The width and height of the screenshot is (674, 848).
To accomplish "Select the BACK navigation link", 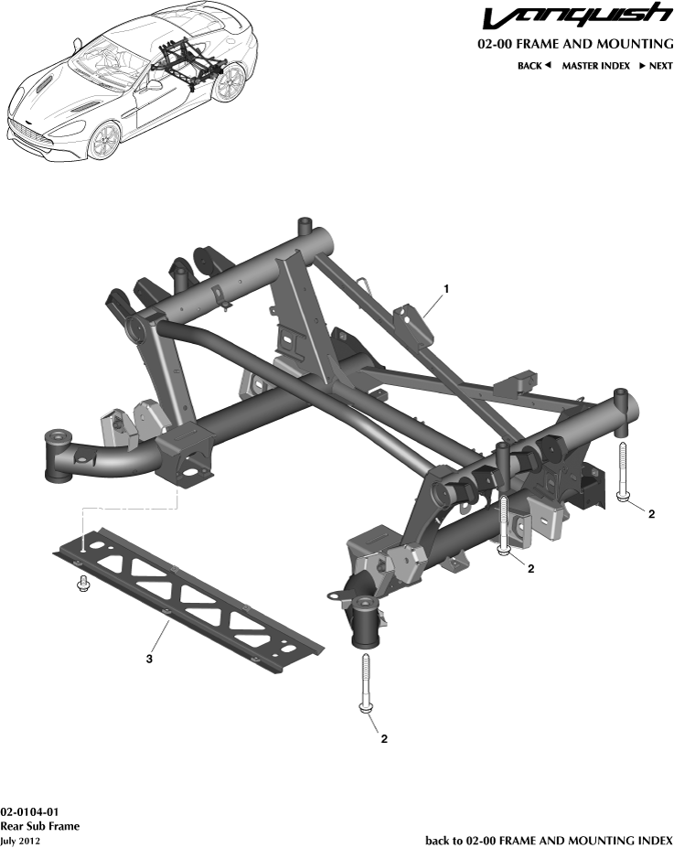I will (534, 66).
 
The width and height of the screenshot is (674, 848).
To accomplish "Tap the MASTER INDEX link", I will (595, 66).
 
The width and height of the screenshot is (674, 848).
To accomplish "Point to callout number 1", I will (445, 289).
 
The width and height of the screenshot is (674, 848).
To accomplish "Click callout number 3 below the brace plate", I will (150, 657).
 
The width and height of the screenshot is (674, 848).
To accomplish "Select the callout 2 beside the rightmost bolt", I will (650, 514).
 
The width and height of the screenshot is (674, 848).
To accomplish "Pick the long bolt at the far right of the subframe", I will (622, 471).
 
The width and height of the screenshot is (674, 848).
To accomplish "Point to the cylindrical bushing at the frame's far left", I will (60, 454).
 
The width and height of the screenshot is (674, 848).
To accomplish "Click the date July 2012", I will (20, 840).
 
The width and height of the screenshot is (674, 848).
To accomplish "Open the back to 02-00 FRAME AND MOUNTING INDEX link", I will (549, 840).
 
